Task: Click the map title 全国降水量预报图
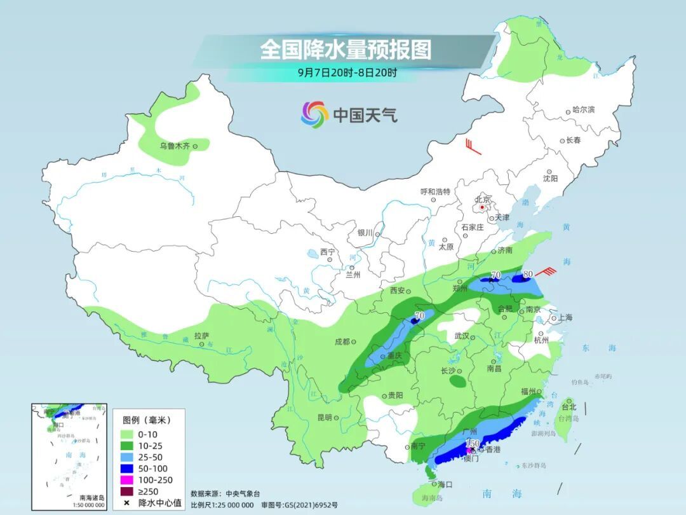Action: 346,50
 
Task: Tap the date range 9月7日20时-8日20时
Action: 347,72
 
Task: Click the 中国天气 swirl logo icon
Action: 314,114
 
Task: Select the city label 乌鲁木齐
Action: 175,146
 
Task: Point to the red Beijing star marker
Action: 483,207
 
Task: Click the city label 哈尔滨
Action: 584,110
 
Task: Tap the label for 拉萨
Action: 201,335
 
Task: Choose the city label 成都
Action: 342,341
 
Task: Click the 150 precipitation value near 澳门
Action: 473,443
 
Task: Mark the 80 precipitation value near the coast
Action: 527,275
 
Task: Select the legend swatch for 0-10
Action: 128,434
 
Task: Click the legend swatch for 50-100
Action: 128,469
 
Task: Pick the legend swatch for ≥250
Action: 128,491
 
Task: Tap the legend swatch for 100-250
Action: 128,480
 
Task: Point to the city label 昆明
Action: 324,417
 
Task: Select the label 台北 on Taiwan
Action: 568,406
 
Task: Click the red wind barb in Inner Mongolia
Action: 471,146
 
